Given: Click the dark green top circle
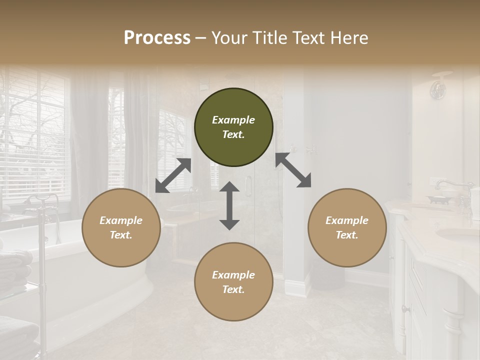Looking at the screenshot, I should click(233, 127).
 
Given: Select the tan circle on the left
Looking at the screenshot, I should click(121, 227).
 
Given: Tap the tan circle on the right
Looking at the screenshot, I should click(347, 227).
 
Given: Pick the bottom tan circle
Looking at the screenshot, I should click(233, 282).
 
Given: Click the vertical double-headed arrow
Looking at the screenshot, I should click(229, 205).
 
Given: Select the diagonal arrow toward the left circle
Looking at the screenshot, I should click(173, 175).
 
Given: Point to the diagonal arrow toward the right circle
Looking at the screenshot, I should click(293, 170).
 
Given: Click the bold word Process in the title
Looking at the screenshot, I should click(157, 37).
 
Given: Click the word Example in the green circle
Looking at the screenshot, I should click(233, 120).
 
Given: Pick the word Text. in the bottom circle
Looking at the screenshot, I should click(233, 289).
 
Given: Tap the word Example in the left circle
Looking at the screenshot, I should click(121, 220).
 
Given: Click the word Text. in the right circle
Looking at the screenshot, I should click(347, 235).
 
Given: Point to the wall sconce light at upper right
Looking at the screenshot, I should click(439, 88).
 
